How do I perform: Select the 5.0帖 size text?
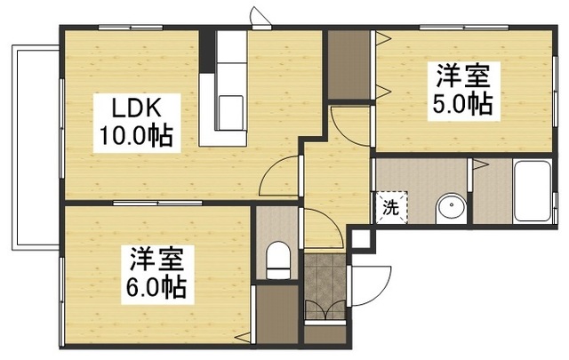tap(462, 104)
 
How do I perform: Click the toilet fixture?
tap(278, 260)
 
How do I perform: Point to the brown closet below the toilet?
tap(276, 314)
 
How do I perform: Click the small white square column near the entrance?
tap(362, 238)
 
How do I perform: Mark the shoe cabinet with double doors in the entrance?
tap(324, 314)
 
